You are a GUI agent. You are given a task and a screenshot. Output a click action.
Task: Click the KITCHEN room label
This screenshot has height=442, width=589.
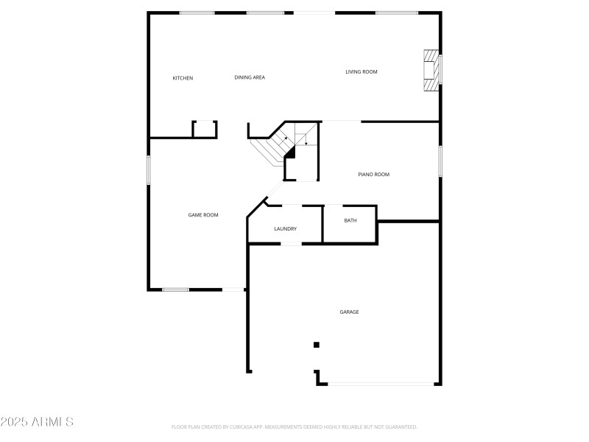(183, 78)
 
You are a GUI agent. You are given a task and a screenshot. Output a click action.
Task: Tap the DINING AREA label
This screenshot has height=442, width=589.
(250, 77)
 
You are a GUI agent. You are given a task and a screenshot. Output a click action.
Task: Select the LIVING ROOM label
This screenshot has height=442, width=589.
(361, 71)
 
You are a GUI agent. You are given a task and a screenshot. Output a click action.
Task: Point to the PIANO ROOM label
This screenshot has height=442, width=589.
(373, 175)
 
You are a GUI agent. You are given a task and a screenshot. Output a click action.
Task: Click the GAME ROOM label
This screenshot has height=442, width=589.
(203, 215)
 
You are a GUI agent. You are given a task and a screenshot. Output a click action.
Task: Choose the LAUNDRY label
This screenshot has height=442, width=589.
(285, 229)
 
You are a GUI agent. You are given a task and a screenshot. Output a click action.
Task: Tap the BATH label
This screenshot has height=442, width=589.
(350, 220)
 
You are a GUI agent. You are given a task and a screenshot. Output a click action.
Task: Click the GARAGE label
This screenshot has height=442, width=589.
(349, 312)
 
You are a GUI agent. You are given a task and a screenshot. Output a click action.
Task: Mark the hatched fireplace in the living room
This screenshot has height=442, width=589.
(430, 71)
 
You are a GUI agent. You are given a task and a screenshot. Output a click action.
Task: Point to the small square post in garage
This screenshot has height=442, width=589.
(317, 344)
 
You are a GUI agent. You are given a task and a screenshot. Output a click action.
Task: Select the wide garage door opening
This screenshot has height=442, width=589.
(381, 383)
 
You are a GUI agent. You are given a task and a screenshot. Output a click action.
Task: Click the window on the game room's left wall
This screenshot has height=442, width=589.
(148, 169)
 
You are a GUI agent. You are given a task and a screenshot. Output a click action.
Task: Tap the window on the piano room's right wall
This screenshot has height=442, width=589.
(440, 161)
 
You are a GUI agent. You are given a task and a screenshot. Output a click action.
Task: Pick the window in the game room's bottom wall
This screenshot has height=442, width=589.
(176, 290)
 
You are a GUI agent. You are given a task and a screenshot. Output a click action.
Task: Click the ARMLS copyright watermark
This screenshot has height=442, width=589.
(37, 422)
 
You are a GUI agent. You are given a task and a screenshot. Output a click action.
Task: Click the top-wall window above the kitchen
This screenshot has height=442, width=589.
(197, 13)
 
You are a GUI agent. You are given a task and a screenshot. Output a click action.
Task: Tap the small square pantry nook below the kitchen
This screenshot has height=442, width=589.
(205, 130)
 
